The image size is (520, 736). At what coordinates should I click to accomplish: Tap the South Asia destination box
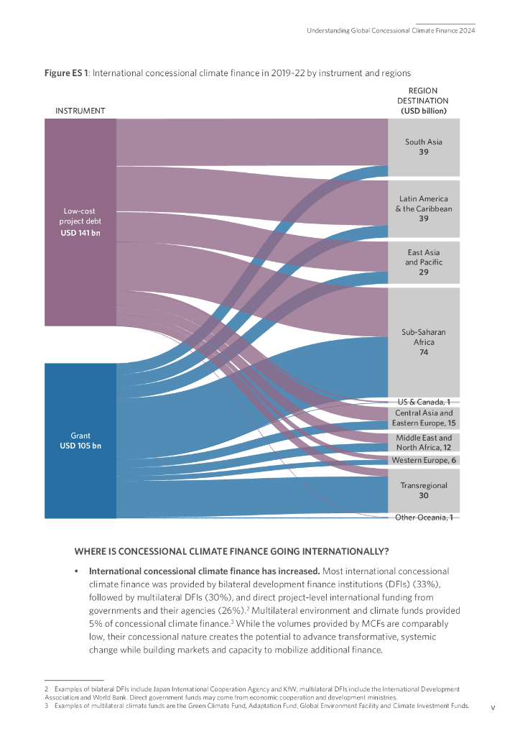click(424, 147)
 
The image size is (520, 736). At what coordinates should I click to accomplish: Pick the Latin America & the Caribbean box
click(424, 208)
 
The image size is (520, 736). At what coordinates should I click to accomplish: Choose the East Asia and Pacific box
click(424, 262)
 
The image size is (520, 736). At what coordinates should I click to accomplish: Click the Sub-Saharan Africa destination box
click(424, 342)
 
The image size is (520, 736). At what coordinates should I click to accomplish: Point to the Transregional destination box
click(424, 490)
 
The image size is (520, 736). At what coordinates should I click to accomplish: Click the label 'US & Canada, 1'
click(424, 402)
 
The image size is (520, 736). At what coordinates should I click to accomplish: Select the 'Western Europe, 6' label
click(424, 460)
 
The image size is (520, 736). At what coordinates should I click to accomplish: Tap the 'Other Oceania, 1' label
click(424, 517)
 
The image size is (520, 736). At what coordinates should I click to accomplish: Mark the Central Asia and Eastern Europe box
click(424, 418)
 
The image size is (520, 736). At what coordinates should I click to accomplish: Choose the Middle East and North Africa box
click(424, 442)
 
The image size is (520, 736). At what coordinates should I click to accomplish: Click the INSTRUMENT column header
click(80, 111)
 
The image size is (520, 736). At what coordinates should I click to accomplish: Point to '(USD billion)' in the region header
click(424, 111)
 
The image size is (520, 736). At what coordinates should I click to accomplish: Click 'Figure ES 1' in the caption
click(66, 73)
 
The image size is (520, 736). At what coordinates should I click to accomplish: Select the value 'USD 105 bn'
click(80, 446)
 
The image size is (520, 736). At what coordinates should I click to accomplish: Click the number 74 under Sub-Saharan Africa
click(424, 352)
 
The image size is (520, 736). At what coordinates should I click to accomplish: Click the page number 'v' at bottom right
click(493, 707)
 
